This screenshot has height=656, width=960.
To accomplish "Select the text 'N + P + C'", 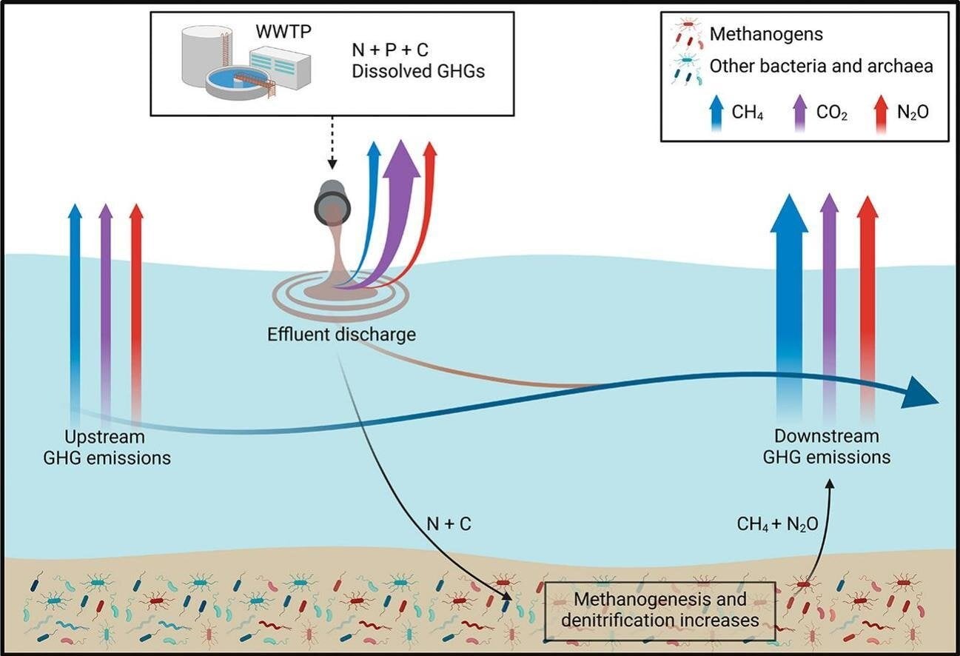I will pyautogui.click(x=390, y=52).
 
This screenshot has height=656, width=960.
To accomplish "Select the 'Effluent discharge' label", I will pyautogui.click(x=341, y=334).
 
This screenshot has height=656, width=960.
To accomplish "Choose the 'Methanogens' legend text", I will pyautogui.click(x=766, y=34).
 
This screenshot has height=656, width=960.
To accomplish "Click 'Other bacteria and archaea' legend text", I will pyautogui.click(x=821, y=66).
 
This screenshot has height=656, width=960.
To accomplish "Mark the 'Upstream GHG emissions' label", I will pyautogui.click(x=107, y=446).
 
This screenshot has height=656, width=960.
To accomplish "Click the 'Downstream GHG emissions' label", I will pyautogui.click(x=826, y=446).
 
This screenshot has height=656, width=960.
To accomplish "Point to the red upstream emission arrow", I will pyautogui.click(x=136, y=296).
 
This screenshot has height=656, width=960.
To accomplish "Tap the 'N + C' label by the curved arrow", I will pyautogui.click(x=449, y=524).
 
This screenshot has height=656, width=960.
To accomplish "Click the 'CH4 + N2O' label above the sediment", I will pyautogui.click(x=777, y=524).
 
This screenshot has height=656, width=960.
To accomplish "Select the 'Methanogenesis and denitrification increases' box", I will pyautogui.click(x=660, y=609).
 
